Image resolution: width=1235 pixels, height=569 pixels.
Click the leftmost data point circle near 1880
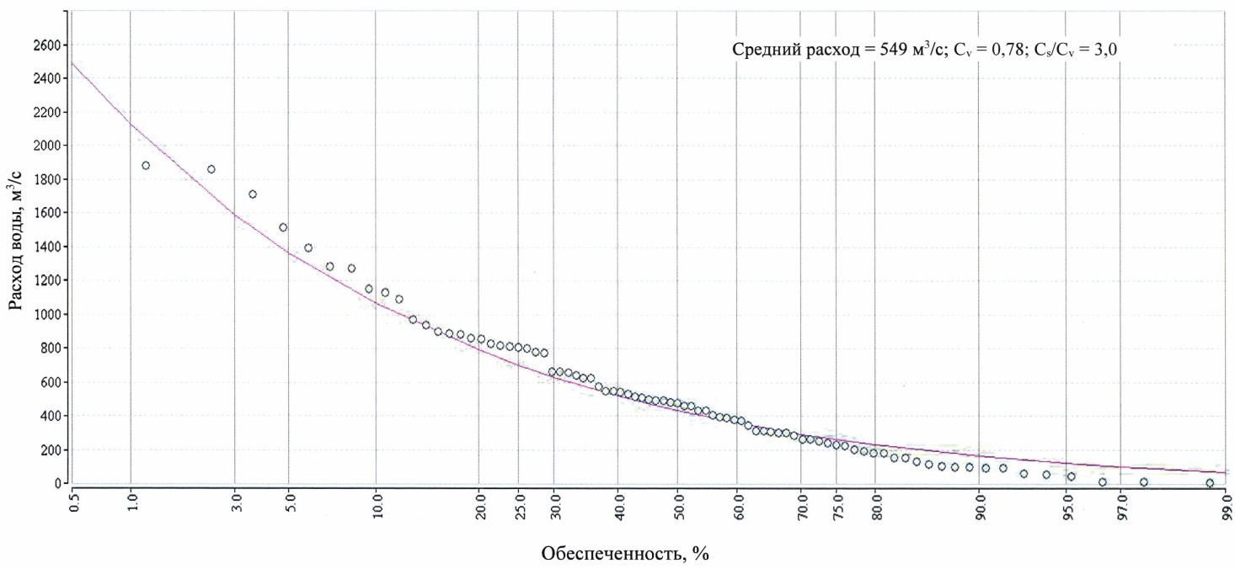[x=146, y=166]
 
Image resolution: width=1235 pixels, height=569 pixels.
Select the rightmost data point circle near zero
[x=1210, y=483]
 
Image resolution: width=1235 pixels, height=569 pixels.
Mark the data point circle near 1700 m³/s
[x=253, y=194]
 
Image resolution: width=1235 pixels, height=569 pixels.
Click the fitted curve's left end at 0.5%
[x=72, y=63]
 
